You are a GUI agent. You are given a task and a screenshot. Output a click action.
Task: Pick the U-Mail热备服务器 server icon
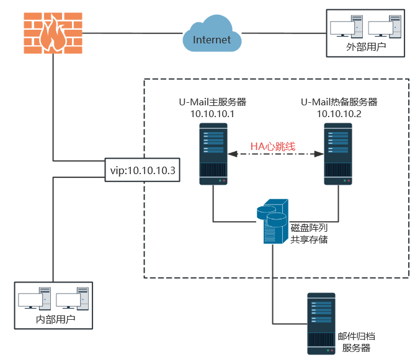tap(339, 154)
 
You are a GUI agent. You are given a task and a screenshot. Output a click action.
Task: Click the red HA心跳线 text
tap(272, 146)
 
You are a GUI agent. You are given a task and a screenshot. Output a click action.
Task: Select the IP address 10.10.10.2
tap(339, 114)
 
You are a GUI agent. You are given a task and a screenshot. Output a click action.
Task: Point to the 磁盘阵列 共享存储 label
tap(309, 233)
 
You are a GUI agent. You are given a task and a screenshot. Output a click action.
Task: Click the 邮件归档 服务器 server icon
tap(321, 323)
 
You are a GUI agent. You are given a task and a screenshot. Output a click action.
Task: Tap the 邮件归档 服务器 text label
tap(356, 342)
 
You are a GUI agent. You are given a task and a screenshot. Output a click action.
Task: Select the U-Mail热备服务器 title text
tap(339, 102)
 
